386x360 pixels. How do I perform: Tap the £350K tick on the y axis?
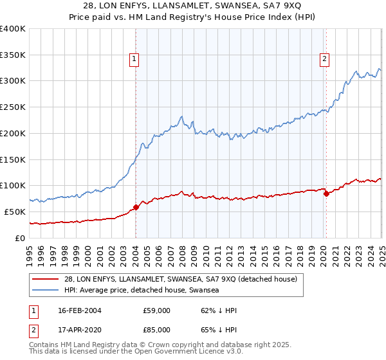click(x=12, y=55)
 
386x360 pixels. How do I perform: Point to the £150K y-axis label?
click(x=12, y=159)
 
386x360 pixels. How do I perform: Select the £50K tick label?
click(x=15, y=211)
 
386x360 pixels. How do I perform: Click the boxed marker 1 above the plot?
click(x=135, y=60)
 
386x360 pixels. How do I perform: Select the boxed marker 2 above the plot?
click(x=325, y=60)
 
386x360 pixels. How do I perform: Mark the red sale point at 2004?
click(x=136, y=207)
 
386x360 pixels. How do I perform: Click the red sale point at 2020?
click(x=326, y=194)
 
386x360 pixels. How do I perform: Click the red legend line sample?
click(x=44, y=279)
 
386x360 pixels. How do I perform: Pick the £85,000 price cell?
click(x=156, y=330)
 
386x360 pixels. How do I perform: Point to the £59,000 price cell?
click(x=156, y=310)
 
